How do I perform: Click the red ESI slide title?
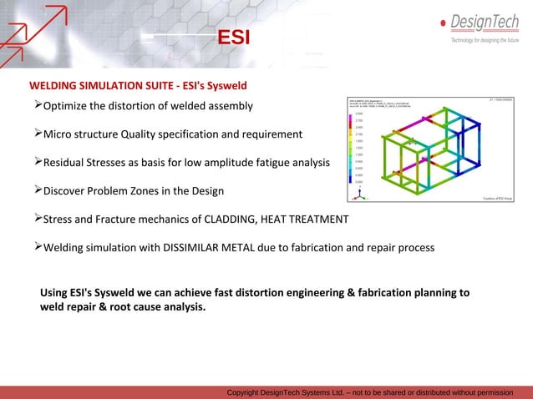(233, 39)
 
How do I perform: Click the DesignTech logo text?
(485, 22)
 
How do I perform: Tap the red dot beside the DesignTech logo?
(443, 23)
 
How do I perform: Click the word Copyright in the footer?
(247, 392)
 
